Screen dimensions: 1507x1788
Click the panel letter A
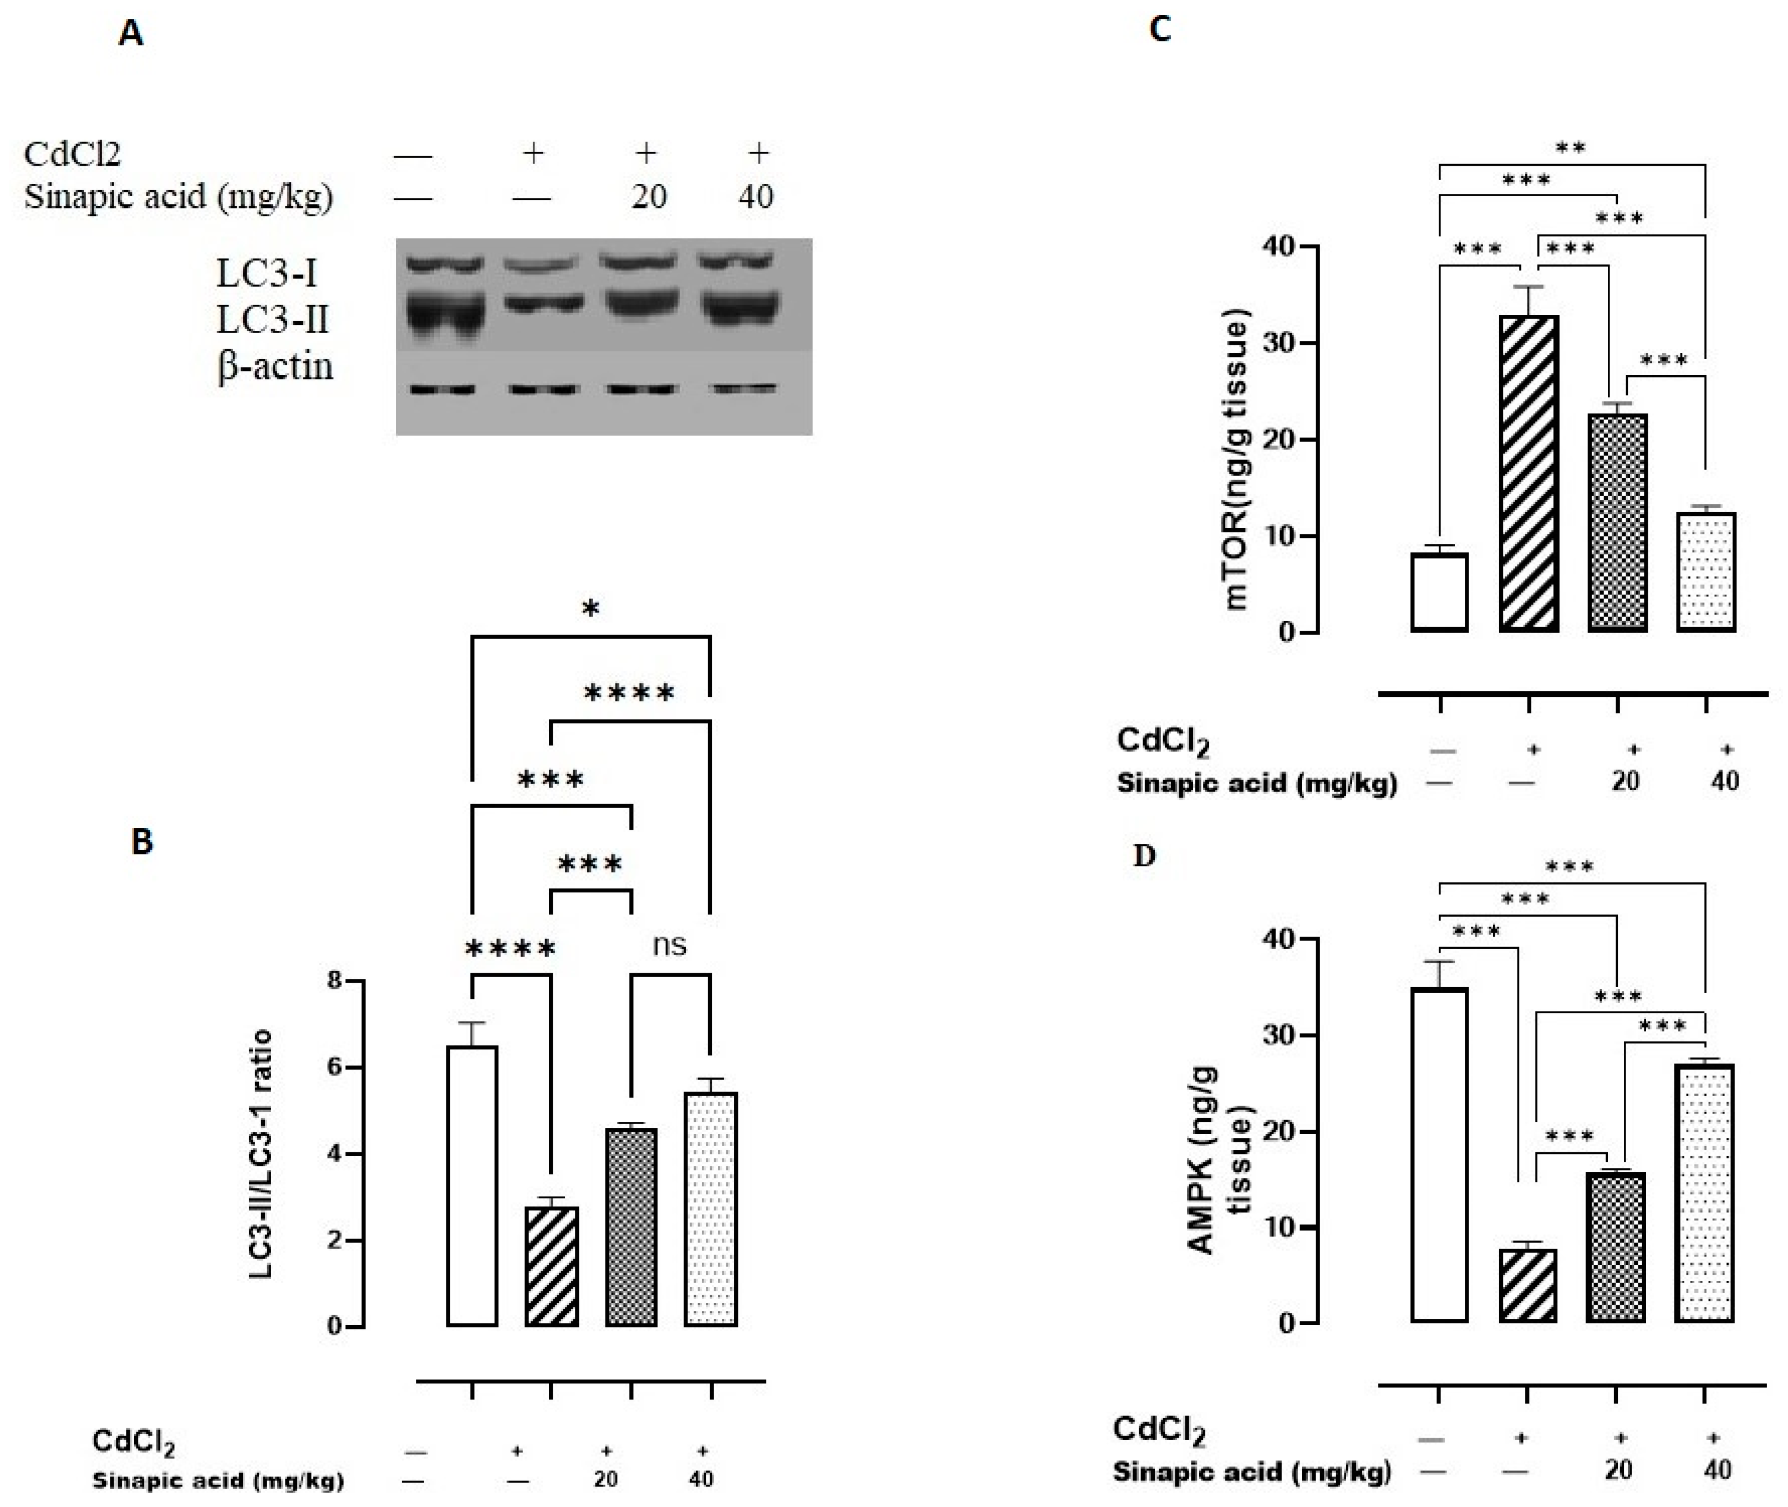click(x=131, y=34)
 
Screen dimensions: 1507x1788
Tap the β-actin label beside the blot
click(x=275, y=366)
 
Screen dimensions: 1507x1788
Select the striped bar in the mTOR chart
click(x=1528, y=474)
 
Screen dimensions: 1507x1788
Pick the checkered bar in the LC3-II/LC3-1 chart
click(x=631, y=1227)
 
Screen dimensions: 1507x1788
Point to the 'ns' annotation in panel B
click(x=669, y=945)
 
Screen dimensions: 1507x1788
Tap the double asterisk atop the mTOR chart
click(x=1570, y=149)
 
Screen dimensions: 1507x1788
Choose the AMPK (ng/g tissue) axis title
click(x=1220, y=1160)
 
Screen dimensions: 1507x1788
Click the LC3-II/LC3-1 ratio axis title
click(x=262, y=1154)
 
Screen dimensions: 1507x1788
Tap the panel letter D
click(x=1144, y=856)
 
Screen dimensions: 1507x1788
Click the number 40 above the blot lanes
click(x=756, y=197)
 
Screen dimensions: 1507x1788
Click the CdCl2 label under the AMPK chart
click(x=1158, y=1429)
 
